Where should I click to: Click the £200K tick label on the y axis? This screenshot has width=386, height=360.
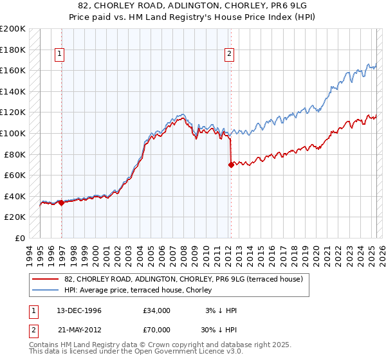pyautogui.click(x=13, y=29)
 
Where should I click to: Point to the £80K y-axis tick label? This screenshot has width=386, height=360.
pyautogui.click(x=15, y=154)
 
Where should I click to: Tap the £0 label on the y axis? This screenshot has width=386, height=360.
pyautogui.click(x=21, y=238)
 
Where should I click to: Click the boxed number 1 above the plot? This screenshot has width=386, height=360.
pyautogui.click(x=59, y=55)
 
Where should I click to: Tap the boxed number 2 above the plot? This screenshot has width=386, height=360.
pyautogui.click(x=229, y=55)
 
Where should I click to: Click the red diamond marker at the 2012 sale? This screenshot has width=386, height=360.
pyautogui.click(x=230, y=165)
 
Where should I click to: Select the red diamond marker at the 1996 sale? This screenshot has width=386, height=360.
pyautogui.click(x=61, y=203)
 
